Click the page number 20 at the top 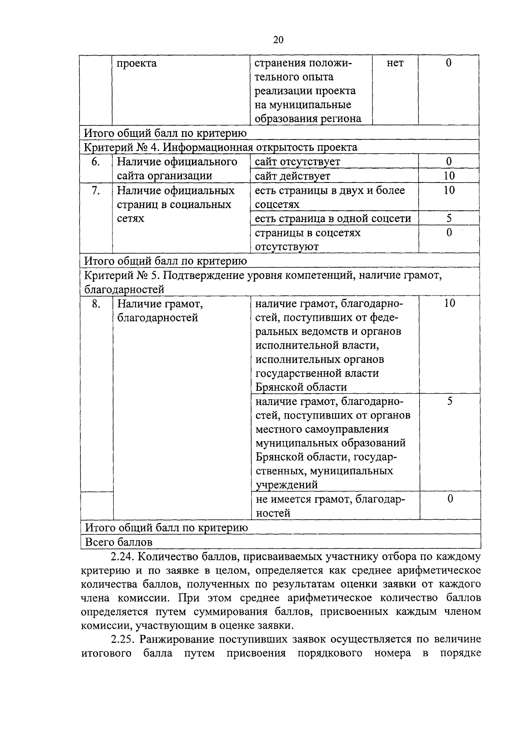tap(278, 40)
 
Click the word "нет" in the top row tap(395, 63)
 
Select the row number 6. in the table tap(96, 162)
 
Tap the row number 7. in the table tap(96, 190)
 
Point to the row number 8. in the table tap(96, 303)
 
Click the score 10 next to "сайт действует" tap(449, 176)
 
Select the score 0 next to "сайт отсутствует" tap(449, 161)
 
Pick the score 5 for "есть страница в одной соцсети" tap(449, 218)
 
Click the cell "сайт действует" tap(293, 176)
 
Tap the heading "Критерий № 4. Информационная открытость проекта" tap(221, 147)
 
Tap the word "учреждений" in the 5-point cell tap(287, 484)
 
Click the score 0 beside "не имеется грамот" tap(450, 498)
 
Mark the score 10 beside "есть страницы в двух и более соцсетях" tap(449, 190)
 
